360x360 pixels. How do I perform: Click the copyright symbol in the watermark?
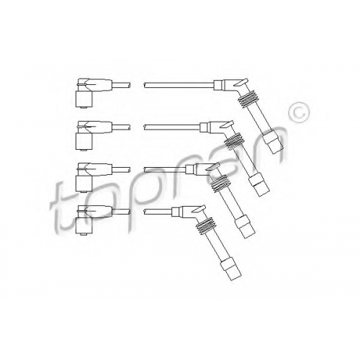[x=298, y=112]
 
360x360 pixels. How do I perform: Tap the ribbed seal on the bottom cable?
[x=206, y=225]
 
